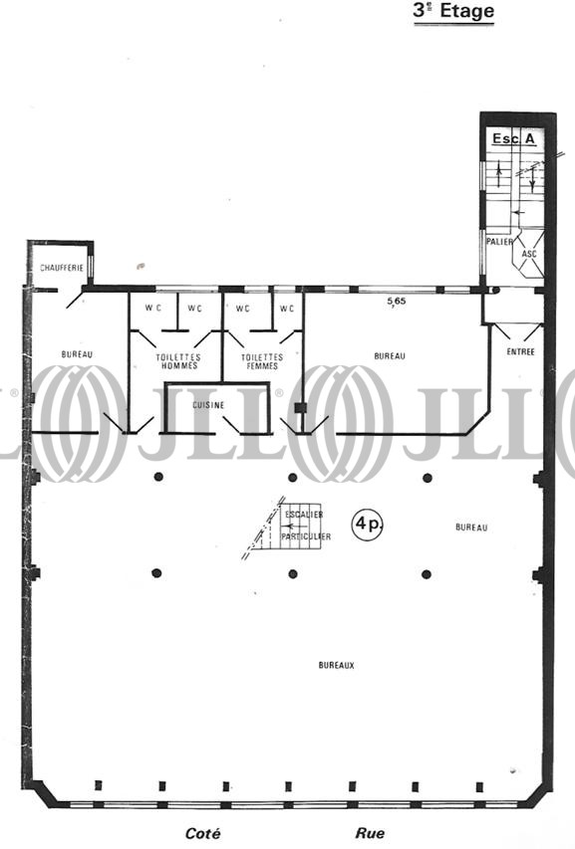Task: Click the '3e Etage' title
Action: pos(453,12)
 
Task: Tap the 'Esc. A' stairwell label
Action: pos(513,138)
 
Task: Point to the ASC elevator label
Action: pos(529,254)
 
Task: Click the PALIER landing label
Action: pos(499,242)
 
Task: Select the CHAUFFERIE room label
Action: pos(62,268)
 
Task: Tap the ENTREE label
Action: pos(520,352)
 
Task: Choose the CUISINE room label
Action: pos(208,405)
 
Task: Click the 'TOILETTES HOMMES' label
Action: pos(177,361)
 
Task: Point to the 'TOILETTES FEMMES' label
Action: pos(262,361)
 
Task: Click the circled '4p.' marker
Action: pos(368,525)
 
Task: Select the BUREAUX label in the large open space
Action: pos(336,665)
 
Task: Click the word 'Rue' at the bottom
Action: pos(370,833)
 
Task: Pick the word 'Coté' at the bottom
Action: pos(202,833)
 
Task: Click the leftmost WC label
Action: pos(152,309)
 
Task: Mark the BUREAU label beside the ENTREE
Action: pos(390,355)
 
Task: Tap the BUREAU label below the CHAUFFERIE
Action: pos(77,354)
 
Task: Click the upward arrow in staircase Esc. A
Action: pos(499,174)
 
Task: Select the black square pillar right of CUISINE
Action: pos(298,408)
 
